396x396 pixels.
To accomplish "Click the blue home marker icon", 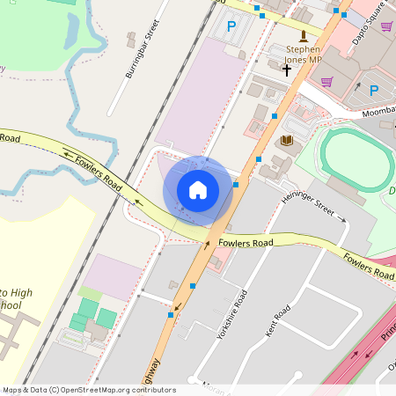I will (x=198, y=189).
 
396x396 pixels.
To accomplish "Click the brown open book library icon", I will (x=287, y=140).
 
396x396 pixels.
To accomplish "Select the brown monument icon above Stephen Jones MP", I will (x=304, y=35).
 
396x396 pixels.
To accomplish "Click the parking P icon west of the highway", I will (x=231, y=27).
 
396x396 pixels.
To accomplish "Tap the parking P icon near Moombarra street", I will (x=373, y=90).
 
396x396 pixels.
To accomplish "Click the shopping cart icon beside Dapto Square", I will (x=385, y=26).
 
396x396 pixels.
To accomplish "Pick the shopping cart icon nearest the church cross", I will (x=326, y=82).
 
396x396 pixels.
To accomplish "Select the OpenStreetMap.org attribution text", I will (x=88, y=390).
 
